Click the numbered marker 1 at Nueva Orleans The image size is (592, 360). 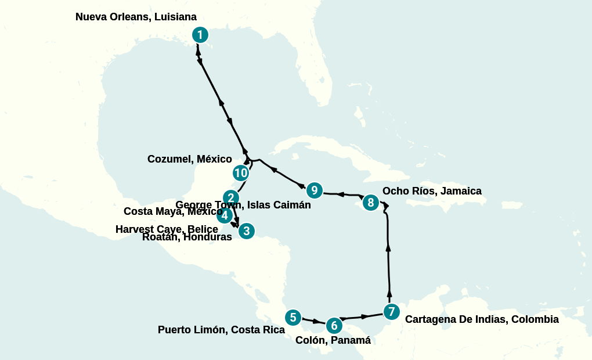(200, 35)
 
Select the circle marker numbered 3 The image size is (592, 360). (246, 231)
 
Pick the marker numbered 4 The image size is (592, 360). (225, 216)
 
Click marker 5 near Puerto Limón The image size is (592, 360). (293, 318)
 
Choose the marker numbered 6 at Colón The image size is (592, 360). (333, 325)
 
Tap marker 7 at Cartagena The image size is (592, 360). (391, 312)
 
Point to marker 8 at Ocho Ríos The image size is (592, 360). (370, 203)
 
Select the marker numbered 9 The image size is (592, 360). (314, 190)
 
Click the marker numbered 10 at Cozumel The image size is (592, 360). (241, 173)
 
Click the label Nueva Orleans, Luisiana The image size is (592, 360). (136, 17)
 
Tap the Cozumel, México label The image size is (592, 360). (189, 159)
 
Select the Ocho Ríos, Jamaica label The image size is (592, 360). (432, 191)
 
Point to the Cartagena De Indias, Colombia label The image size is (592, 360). (482, 319)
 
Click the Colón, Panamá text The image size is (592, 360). (333, 340)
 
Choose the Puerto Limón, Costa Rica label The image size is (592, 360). (221, 330)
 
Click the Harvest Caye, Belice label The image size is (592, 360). (167, 229)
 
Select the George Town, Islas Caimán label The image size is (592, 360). (243, 205)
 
